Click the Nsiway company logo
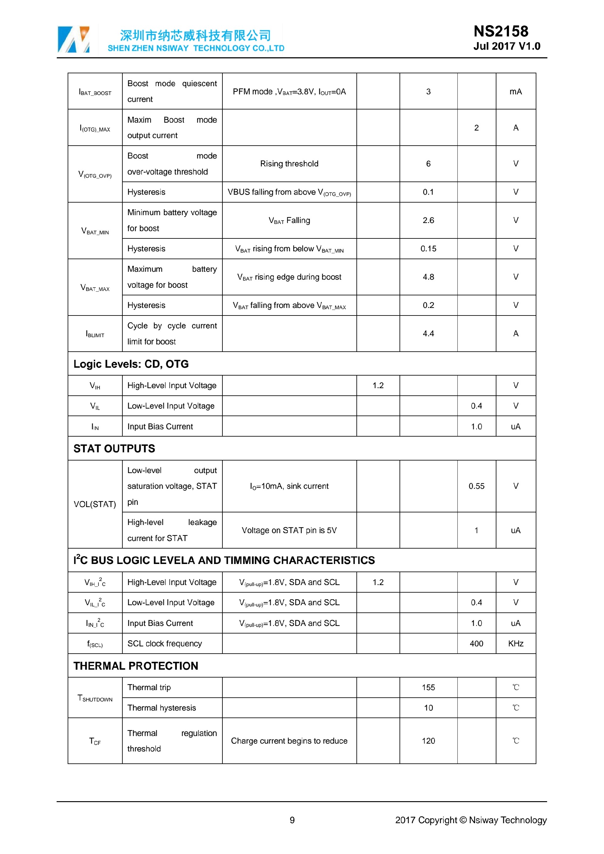coord(74,39)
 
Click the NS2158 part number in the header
coord(501,31)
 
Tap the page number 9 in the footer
coord(292,820)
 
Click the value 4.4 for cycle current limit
coord(428,334)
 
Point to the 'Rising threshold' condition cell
coord(289,164)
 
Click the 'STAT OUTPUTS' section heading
coord(114,449)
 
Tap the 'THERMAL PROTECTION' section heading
coord(136,666)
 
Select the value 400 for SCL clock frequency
coord(476,644)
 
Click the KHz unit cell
coord(516,644)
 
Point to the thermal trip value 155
coord(428,687)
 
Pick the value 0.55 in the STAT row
coord(476,486)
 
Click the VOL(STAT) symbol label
coord(95,504)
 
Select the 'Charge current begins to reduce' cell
coord(289,741)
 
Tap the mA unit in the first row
coord(516,92)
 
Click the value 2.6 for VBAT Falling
coord(428,220)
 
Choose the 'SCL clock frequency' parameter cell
coord(165,644)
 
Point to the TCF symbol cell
coord(95,741)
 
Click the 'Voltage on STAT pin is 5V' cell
coord(289,530)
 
